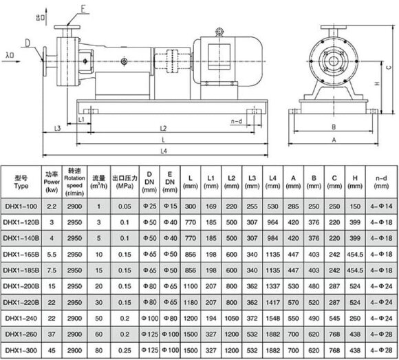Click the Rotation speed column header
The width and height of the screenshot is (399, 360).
(x=75, y=181)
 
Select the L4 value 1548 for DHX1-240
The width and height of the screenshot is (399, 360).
(x=274, y=319)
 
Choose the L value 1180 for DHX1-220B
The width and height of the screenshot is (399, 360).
(x=189, y=302)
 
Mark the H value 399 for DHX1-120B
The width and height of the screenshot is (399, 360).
(x=356, y=222)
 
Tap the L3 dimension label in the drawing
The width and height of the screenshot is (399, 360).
(x=58, y=129)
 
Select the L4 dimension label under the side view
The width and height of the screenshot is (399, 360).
(x=163, y=151)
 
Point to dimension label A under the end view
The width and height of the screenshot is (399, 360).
(x=334, y=139)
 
